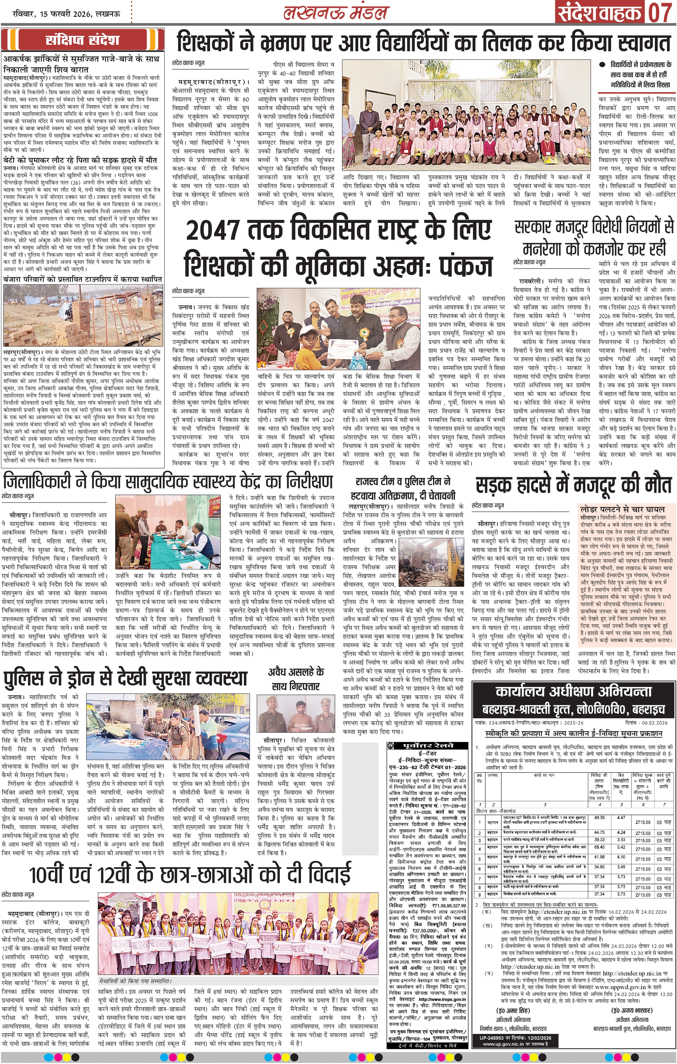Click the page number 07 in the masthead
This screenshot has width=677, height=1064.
click(x=660, y=13)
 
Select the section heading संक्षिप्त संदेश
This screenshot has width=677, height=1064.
click(x=82, y=40)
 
